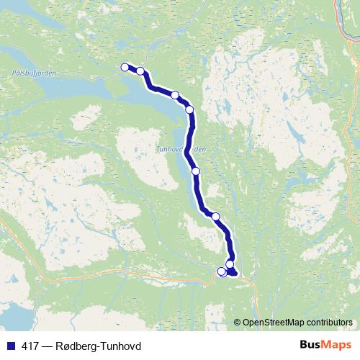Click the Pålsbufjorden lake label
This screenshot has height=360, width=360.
pyautogui.click(x=34, y=73)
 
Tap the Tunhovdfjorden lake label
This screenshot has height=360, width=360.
pyautogui.click(x=181, y=150)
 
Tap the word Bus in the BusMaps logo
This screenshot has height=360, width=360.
pyautogui.click(x=310, y=345)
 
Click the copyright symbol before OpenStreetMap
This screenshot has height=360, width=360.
pyautogui.click(x=238, y=323)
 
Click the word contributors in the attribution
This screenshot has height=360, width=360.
pyautogui.click(x=328, y=323)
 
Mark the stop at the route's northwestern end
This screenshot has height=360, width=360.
pyautogui.click(x=125, y=67)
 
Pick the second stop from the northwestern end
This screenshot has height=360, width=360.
pyautogui.click(x=140, y=71)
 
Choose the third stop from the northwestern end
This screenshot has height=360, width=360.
pyautogui.click(x=175, y=94)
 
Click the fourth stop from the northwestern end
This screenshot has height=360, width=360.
pyautogui.click(x=190, y=109)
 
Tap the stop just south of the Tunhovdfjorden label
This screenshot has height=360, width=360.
pyautogui.click(x=196, y=171)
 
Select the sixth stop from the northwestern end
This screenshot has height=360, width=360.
pyautogui.click(x=215, y=216)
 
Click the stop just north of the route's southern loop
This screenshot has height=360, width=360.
pyautogui.click(x=230, y=264)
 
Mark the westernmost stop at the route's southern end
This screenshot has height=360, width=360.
pyautogui.click(x=221, y=271)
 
